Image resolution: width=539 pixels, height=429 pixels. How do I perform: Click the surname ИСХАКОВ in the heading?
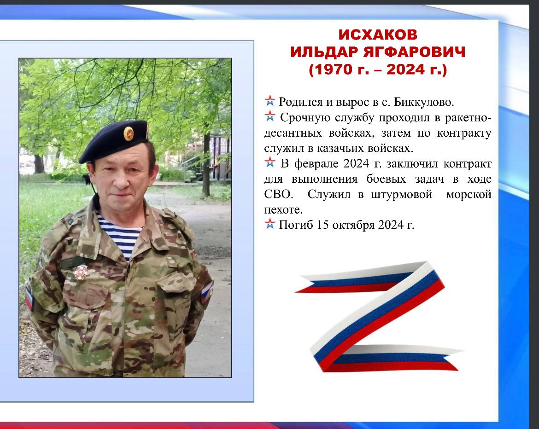pyautogui.click(x=378, y=35)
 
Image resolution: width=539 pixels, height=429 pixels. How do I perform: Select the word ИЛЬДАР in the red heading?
pyautogui.click(x=323, y=52)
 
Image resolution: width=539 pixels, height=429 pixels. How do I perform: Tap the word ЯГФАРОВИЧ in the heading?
pyautogui.click(x=414, y=52)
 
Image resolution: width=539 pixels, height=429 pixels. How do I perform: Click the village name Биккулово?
pyautogui.click(x=424, y=102)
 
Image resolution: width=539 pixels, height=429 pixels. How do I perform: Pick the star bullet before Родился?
pyautogui.click(x=270, y=101)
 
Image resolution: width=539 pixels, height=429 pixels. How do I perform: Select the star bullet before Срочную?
pyautogui.click(x=270, y=116)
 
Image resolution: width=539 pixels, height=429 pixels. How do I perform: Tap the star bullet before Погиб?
pyautogui.click(x=270, y=224)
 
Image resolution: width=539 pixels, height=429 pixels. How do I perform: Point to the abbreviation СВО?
pyautogui.click(x=278, y=194)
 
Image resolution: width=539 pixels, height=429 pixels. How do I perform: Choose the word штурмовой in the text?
pyautogui.click(x=402, y=195)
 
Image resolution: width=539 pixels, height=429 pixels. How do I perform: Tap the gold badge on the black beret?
pyautogui.click(x=129, y=133)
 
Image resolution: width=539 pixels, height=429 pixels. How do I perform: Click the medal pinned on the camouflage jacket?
pyautogui.click(x=81, y=272)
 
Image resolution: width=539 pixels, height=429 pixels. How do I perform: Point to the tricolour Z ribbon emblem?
pyautogui.click(x=378, y=316)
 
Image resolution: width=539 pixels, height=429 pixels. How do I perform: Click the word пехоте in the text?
pyautogui.click(x=283, y=210)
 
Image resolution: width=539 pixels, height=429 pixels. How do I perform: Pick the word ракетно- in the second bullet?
pyautogui.click(x=468, y=118)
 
